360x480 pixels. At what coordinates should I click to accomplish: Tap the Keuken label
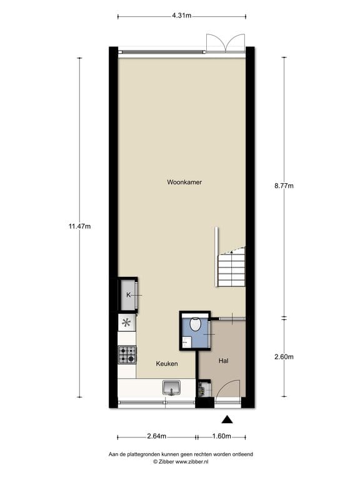(167, 364)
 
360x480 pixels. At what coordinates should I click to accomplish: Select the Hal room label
(223, 361)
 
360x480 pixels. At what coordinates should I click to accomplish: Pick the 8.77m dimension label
(284, 186)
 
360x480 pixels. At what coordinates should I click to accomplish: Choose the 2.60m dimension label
(284, 357)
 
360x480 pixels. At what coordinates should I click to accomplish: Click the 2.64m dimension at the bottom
(157, 436)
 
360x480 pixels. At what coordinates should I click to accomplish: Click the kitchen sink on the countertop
(171, 387)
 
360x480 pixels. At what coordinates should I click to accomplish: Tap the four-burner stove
(127, 355)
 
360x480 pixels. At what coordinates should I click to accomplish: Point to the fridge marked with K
(128, 294)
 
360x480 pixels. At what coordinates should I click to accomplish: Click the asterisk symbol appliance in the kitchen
(127, 323)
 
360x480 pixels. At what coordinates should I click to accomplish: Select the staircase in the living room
(231, 267)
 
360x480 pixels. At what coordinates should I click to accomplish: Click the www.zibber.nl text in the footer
(191, 461)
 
